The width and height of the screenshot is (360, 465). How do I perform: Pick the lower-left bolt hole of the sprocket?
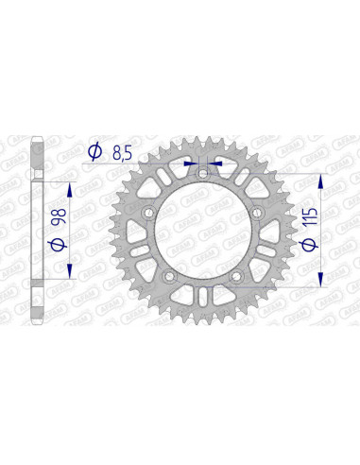point(167,275)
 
